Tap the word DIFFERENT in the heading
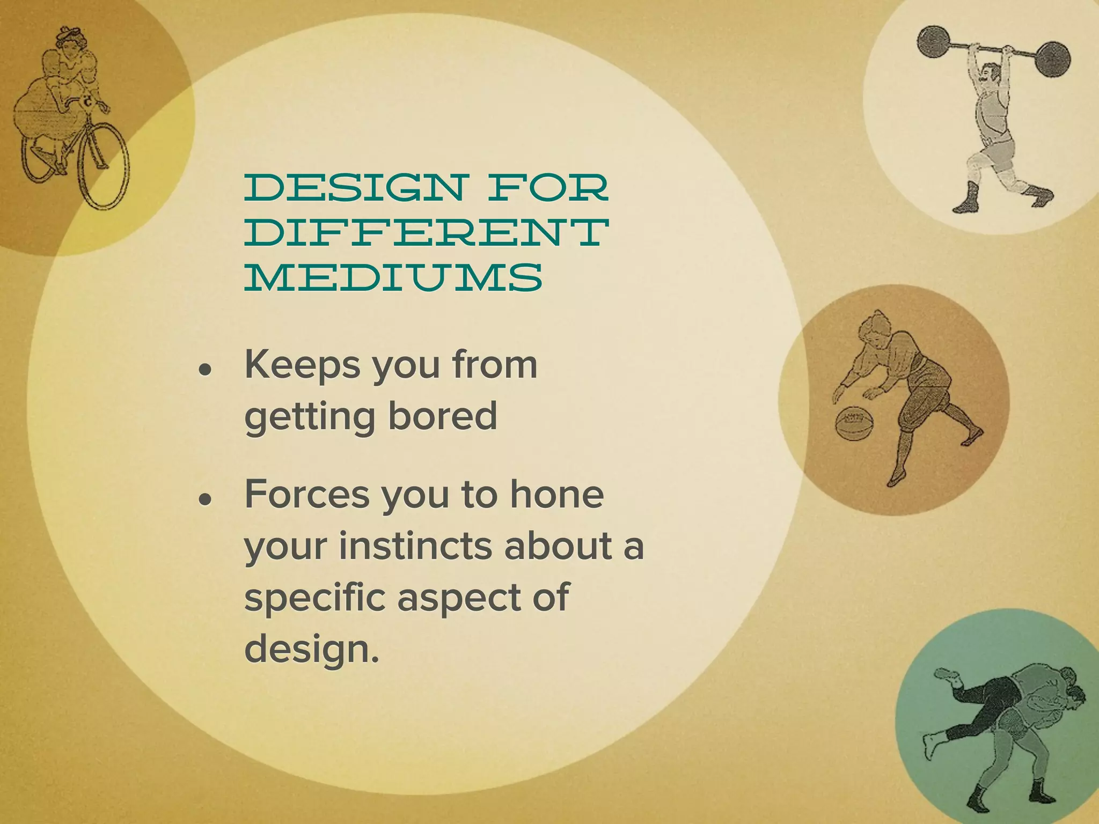click(427, 232)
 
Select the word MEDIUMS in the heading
click(393, 277)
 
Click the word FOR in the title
click(547, 187)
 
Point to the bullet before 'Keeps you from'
click(204, 370)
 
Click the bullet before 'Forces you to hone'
click(204, 499)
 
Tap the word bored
click(443, 416)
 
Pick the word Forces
click(306, 494)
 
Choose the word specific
click(314, 598)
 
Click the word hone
click(556, 494)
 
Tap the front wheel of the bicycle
click(105, 166)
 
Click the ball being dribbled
click(852, 423)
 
